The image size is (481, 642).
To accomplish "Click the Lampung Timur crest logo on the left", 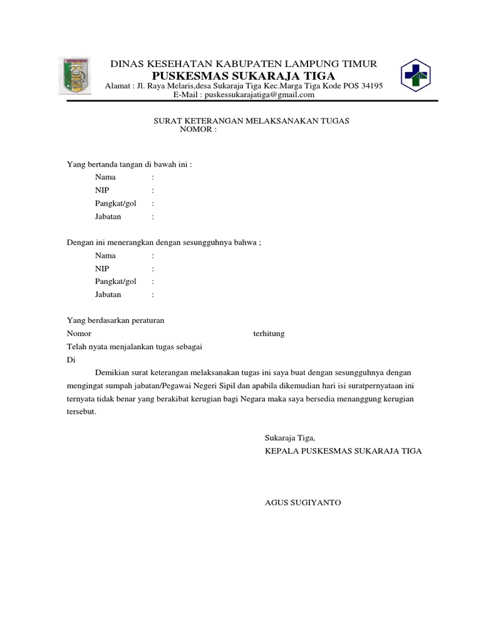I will (78, 75).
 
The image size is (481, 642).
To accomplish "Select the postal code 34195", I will (370, 85).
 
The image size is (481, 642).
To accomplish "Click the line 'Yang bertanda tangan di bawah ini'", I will (130, 164).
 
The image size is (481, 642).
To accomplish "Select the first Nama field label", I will (105, 177).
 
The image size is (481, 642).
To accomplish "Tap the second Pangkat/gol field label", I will (115, 282).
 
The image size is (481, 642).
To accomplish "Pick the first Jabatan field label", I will (108, 216).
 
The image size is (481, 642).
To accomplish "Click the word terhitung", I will (269, 334).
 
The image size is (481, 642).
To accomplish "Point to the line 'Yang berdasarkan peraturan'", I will (115, 320).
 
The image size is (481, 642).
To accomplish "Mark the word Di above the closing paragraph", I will (71, 360).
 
